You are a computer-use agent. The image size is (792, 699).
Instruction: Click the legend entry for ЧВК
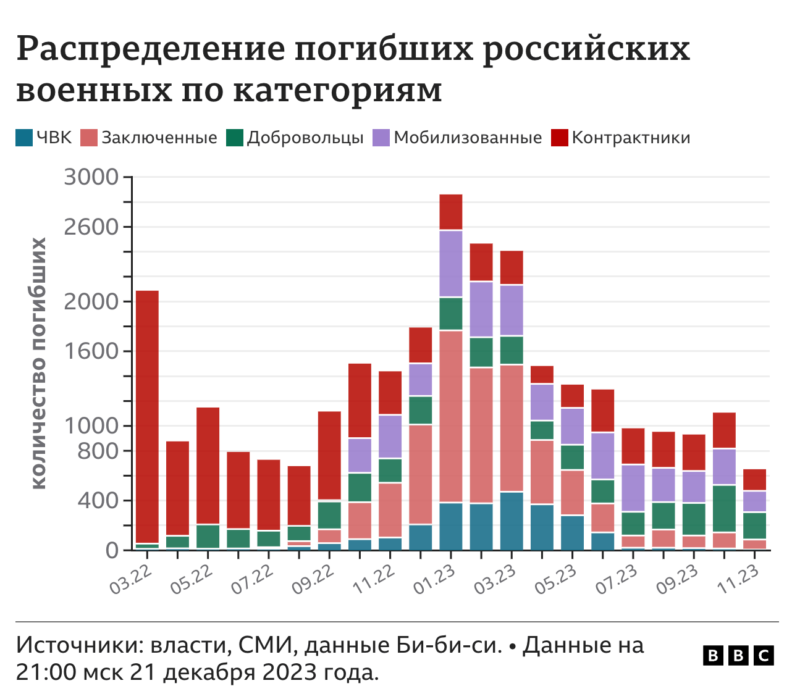coord(44,138)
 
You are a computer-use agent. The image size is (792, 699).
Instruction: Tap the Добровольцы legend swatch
coord(235,138)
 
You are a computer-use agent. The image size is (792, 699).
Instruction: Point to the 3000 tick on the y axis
coord(91,178)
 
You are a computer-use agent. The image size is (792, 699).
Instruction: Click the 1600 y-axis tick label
coord(91,351)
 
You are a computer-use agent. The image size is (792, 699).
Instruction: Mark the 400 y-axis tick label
coord(97,501)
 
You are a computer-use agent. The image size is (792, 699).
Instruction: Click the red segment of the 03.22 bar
coord(147,414)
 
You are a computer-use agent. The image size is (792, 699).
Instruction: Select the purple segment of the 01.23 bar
coord(451,264)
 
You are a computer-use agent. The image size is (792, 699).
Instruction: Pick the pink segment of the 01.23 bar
coord(451,417)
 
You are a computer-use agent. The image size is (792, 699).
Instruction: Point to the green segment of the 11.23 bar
coord(754,525)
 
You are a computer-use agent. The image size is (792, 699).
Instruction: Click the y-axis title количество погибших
coord(38,363)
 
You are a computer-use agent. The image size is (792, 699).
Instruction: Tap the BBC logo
coord(738,655)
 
